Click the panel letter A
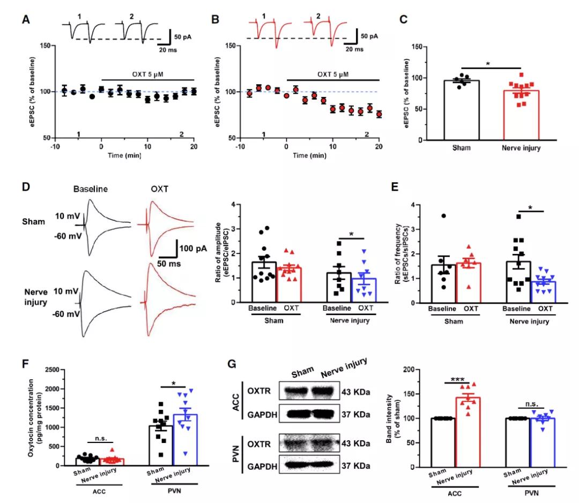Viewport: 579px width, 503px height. (x=25, y=20)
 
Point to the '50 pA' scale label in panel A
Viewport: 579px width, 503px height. (x=182, y=36)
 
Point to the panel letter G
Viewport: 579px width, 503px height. (x=232, y=365)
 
